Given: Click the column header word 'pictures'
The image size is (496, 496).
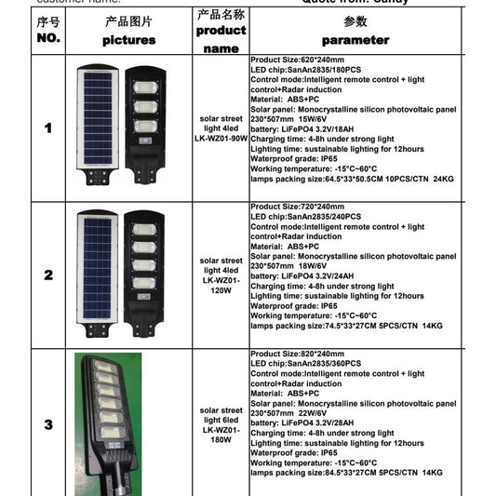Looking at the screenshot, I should pyautogui.click(x=129, y=40).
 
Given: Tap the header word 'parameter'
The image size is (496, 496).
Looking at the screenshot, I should pyautogui.click(x=355, y=40).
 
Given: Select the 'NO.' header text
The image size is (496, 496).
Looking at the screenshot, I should pyautogui.click(x=47, y=39).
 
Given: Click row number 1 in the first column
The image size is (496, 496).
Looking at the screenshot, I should pyautogui.click(x=47, y=127).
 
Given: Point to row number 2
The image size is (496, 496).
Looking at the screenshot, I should pyautogui.click(x=47, y=275).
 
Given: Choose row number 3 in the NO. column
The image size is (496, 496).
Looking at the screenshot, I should pyautogui.click(x=47, y=424).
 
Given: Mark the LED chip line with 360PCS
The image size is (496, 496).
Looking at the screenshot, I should pyautogui.click(x=312, y=365).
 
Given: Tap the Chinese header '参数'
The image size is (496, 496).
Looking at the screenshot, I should pyautogui.click(x=355, y=20).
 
